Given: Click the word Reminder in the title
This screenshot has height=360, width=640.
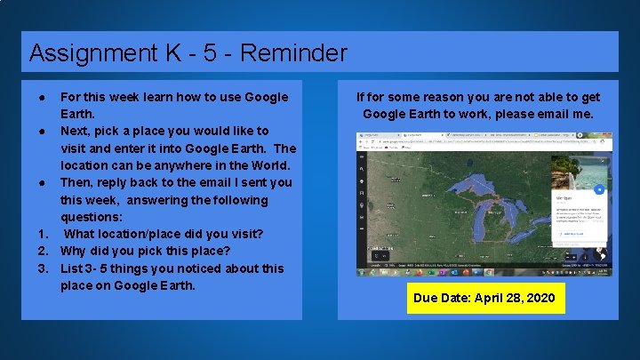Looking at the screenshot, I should click(292, 53).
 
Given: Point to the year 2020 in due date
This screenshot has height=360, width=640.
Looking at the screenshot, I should click(541, 298).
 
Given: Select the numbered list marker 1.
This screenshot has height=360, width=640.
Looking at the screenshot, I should click(42, 234).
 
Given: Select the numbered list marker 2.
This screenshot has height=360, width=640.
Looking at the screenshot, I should click(42, 251).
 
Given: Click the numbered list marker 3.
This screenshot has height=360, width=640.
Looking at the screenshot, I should click(42, 268).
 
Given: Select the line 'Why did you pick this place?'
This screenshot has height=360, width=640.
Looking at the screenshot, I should click(145, 251).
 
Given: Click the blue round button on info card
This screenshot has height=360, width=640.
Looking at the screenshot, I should click(599, 189).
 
